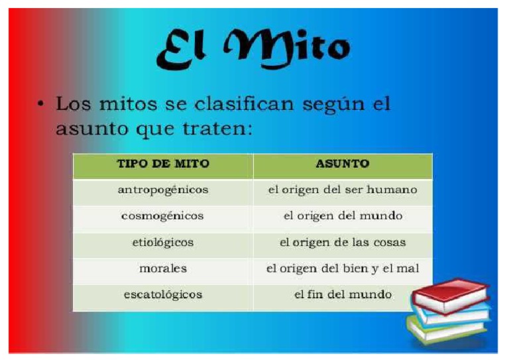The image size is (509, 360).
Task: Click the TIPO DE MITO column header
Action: pos(163,163)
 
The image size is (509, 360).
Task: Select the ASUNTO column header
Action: pos(342,163)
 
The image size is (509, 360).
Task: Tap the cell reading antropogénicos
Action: pos(163,190)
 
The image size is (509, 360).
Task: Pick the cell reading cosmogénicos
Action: pos(163,216)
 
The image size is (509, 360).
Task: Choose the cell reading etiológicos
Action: pos(163,243)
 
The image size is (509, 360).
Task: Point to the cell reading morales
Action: pos(163,269)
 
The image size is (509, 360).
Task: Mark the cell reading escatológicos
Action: pos(163,294)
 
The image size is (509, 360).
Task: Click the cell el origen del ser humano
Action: pos(342,190)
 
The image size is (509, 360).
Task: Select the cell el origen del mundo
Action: pos(342,216)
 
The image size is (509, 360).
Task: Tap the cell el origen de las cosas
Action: pos(342,243)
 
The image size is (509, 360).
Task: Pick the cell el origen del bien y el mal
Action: pos(342,269)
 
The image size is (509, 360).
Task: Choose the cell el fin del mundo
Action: pos(342,294)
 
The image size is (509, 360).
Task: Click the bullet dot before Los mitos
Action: pos(41,105)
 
